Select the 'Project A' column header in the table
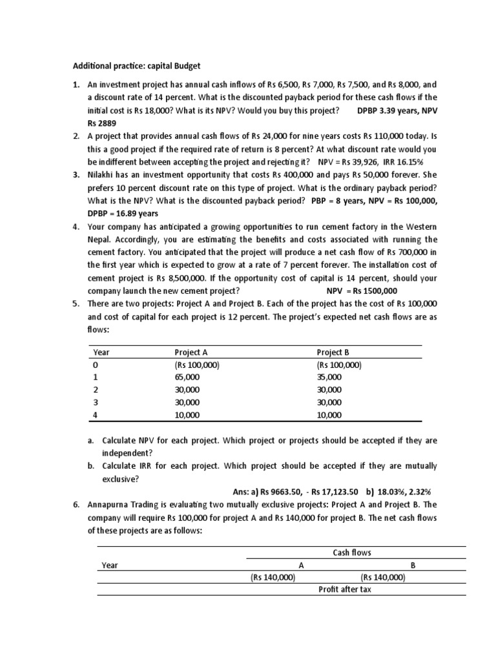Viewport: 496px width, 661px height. point(191,352)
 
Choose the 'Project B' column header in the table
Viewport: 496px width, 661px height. point(333,352)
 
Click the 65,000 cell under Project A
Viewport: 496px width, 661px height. point(187,377)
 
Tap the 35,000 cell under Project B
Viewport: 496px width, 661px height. point(329,377)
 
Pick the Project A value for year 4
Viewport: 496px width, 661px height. point(187,415)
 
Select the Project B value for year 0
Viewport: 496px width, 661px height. point(339,365)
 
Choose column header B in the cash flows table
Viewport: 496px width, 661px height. point(413,565)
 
